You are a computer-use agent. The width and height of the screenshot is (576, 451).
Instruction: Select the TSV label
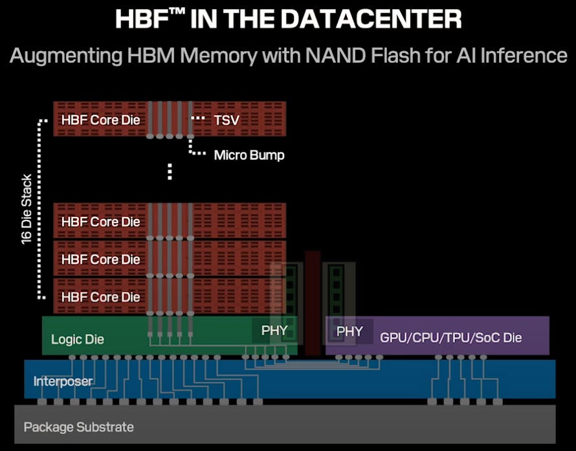pos(226,120)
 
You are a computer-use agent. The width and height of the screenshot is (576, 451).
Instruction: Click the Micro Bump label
pos(249,155)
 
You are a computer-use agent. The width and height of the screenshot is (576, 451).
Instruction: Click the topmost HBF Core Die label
pos(100,120)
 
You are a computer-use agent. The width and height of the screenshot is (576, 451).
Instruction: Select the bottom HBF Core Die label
pos(100,297)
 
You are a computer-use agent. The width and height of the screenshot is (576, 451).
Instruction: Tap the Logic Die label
pos(78,339)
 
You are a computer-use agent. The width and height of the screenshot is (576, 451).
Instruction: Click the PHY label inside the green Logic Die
pos(274,331)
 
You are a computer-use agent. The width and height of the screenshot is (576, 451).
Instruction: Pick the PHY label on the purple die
pos(349,331)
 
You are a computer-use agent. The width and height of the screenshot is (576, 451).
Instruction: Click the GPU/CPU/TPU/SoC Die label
pos(450,337)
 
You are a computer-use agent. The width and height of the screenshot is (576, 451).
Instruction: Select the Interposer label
pos(63,381)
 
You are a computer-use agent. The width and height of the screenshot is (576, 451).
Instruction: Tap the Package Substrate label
pos(79,427)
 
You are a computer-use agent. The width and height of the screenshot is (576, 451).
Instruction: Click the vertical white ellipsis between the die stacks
pos(170,171)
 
